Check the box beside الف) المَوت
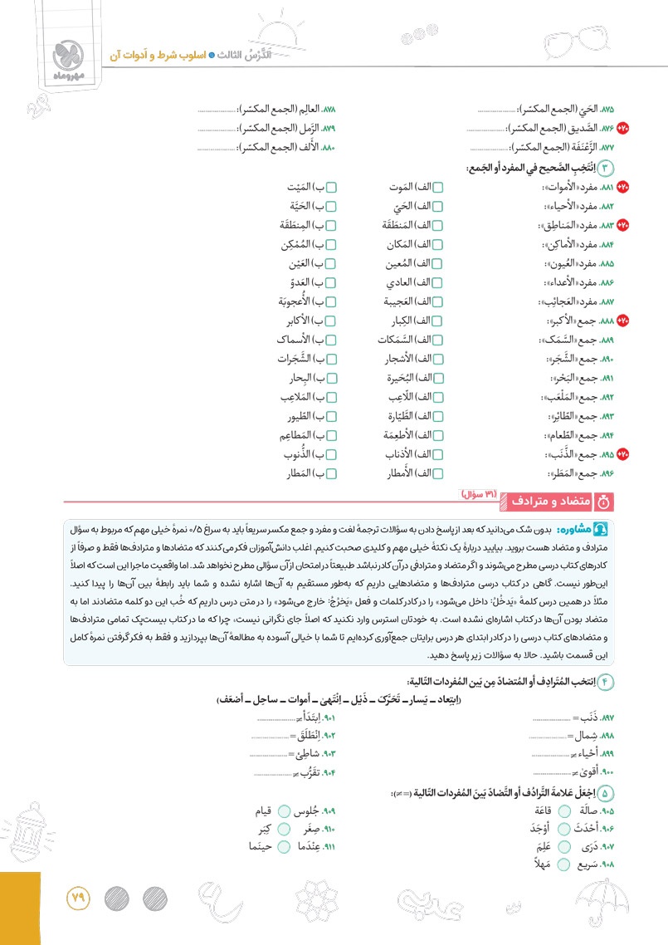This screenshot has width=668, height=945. coord(438,189)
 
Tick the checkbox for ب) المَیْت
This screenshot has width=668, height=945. coord(330,189)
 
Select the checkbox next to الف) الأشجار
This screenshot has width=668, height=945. coord(438,360)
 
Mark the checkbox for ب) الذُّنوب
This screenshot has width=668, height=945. coord(330,454)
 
